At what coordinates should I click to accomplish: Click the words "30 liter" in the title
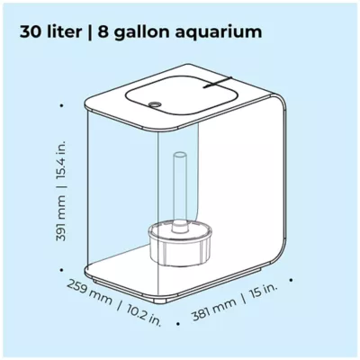50,32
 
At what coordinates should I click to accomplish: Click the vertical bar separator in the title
90,32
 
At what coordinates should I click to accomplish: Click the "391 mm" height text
60,218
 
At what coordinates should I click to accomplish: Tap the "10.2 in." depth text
143,315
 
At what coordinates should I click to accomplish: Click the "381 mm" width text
214,309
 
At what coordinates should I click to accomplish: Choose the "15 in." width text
262,292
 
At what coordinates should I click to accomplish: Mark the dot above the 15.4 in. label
62,105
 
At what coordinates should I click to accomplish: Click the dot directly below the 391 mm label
62,269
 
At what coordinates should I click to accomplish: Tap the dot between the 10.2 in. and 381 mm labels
178,324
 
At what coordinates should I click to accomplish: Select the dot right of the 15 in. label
291,280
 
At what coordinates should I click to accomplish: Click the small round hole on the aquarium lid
155,104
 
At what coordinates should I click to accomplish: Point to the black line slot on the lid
218,83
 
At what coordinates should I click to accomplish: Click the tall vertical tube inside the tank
180,192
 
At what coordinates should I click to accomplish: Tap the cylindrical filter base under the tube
179,244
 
